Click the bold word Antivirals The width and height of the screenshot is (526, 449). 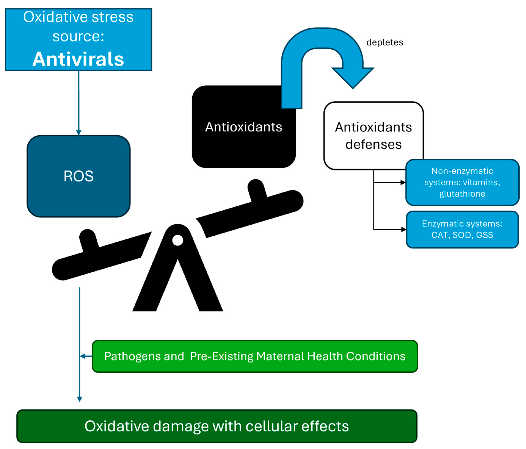(x=78, y=59)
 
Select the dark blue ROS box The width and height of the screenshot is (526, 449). (x=78, y=176)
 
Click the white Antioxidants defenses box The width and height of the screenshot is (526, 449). (x=373, y=136)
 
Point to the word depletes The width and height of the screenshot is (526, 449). (x=384, y=42)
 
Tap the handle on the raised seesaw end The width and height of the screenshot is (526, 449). (x=257, y=189)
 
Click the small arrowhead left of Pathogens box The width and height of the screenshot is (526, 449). (x=82, y=356)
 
